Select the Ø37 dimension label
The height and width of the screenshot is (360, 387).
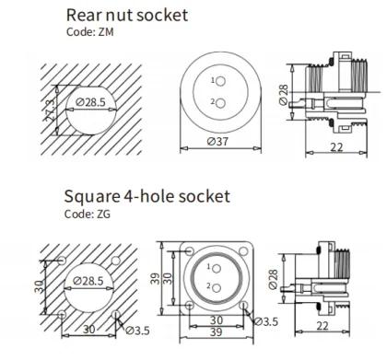pyautogui.click(x=217, y=141)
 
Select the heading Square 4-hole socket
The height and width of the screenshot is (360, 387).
pyautogui.click(x=147, y=196)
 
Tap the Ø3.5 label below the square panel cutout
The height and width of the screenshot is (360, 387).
pyautogui.click(x=136, y=330)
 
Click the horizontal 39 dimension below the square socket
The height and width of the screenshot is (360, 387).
pyautogui.click(x=217, y=331)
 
